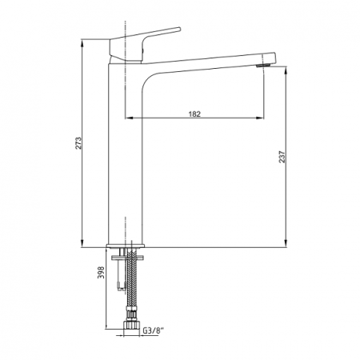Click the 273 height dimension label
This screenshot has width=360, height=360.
click(x=78, y=143)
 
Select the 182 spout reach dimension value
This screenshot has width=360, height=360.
click(x=194, y=114)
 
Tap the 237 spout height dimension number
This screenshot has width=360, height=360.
click(x=282, y=157)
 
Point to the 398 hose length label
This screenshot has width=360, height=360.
click(x=101, y=272)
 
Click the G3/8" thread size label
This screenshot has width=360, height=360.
click(x=154, y=330)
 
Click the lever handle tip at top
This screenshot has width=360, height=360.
click(x=179, y=29)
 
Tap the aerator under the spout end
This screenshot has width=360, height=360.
click(x=262, y=66)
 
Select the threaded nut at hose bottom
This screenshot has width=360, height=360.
click(x=131, y=325)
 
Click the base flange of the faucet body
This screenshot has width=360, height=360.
click(x=125, y=246)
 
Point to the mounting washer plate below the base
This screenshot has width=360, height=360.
click(x=127, y=258)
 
